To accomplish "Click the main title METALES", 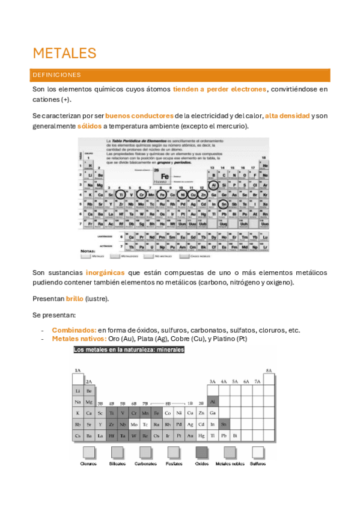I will click(x=64, y=53).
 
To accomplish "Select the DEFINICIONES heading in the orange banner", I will click(x=61, y=75).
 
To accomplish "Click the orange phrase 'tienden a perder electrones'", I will click(x=219, y=89).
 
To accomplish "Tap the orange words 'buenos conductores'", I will click(x=139, y=115).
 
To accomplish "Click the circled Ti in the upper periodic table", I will click(x=122, y=195).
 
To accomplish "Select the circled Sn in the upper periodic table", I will click(x=224, y=204).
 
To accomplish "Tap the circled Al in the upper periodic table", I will click(x=213, y=185).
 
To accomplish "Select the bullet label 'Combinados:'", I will click(x=74, y=330).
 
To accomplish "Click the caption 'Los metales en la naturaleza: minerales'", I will click(x=129, y=349).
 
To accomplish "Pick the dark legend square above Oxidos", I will click(x=202, y=452).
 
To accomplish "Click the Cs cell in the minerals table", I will click(x=78, y=435).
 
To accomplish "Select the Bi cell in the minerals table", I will click(x=235, y=435).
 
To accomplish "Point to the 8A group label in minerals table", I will click(x=269, y=370).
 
